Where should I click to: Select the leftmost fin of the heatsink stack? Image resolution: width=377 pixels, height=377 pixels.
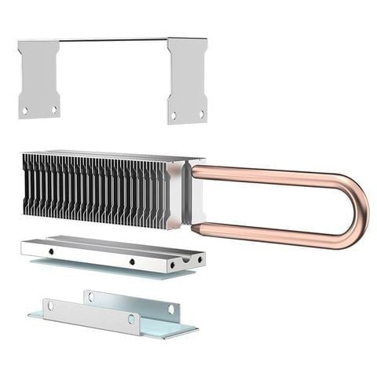pyautogui.click(x=27, y=185)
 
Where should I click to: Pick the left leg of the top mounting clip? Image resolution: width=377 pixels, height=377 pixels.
pyautogui.click(x=39, y=79)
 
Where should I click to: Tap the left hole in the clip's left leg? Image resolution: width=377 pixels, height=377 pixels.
pyautogui.click(x=26, y=111)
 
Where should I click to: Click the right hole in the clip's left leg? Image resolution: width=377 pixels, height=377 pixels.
pyautogui.click(x=54, y=109)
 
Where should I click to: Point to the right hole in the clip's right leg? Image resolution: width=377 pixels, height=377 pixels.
pyautogui.click(x=201, y=115)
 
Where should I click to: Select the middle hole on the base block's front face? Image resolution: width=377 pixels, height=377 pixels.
pyautogui.click(x=132, y=262)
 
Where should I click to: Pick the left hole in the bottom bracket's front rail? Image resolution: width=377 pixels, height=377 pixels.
pyautogui.click(x=49, y=305)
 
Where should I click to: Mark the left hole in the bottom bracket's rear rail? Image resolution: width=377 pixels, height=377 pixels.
pyautogui.click(x=90, y=297)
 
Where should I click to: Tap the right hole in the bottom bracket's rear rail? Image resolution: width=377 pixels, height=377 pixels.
pyautogui.click(x=170, y=309)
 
